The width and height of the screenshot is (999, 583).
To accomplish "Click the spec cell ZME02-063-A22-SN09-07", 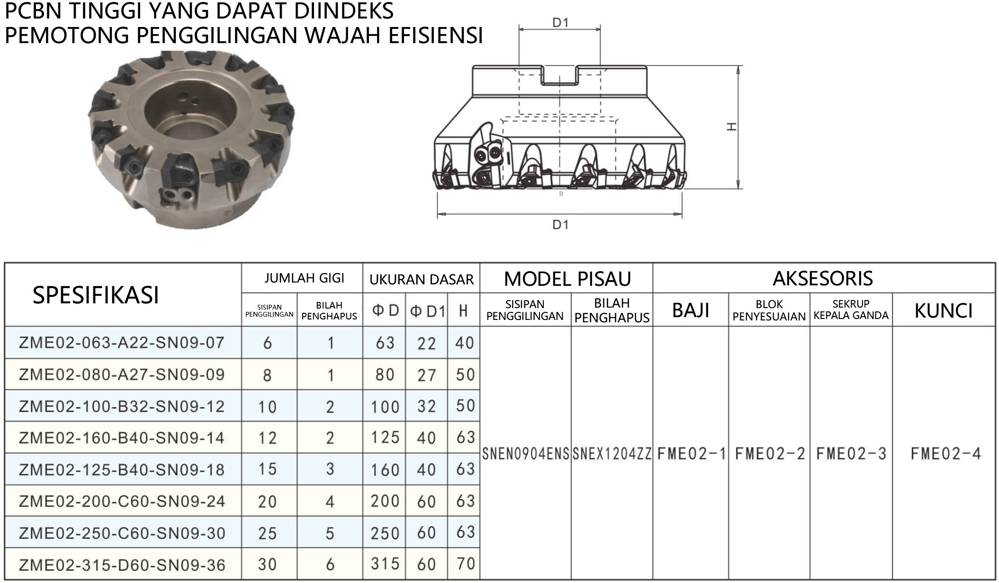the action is coord(122,342).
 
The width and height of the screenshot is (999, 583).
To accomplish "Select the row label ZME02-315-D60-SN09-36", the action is coord(122,565).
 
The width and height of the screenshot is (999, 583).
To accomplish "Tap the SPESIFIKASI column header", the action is coord(96,295).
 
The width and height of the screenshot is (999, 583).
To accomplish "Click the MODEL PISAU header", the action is coord(567,279).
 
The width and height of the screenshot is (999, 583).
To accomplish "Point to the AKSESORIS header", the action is coord(823,278).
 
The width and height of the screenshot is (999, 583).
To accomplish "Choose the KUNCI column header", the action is coord(944,311).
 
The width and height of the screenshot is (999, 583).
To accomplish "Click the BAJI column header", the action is coord(691,310).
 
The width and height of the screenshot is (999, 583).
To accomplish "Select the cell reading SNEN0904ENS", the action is coord(525,454).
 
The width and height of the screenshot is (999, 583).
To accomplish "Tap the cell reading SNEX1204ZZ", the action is coord(612,454).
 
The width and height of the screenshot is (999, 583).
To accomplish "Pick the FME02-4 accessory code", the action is coord(945,454).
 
